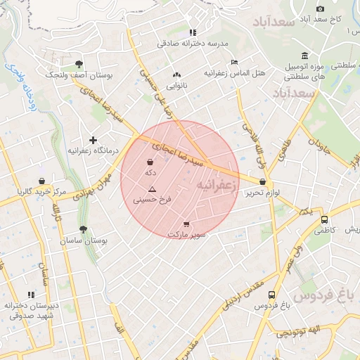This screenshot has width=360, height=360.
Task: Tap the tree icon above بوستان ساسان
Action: pyautogui.click(x=84, y=229)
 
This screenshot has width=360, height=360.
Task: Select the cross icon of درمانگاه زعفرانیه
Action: pyautogui.click(x=93, y=140)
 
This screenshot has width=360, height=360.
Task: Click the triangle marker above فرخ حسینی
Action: pyautogui.click(x=152, y=189)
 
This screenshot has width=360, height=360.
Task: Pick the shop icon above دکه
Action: pyautogui.click(x=150, y=162)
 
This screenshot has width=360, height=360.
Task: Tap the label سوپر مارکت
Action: pyautogui.click(x=186, y=234)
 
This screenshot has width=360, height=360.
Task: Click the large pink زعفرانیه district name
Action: pyautogui.click(x=214, y=185)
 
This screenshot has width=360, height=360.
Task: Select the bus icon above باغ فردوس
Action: pyautogui.click(x=272, y=295)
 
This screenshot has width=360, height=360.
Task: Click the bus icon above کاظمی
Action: pyautogui.click(x=323, y=219)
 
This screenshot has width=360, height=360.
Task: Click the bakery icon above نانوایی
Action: pyautogui.click(x=176, y=75)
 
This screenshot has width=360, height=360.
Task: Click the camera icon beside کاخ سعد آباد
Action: pyautogui.click(x=320, y=8)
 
